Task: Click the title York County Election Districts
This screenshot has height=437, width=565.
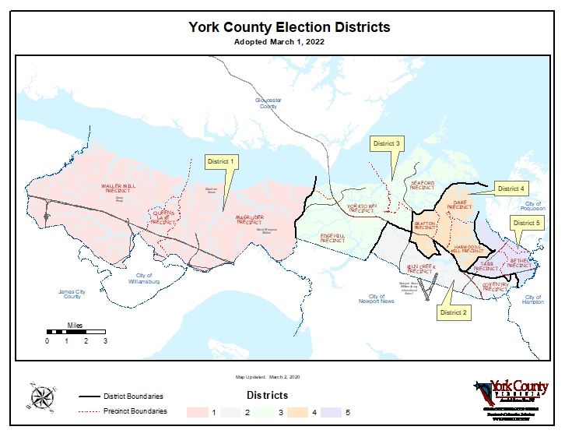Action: click(289, 28)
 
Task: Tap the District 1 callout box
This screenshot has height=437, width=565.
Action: click(221, 161)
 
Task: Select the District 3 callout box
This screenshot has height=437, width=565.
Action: click(386, 143)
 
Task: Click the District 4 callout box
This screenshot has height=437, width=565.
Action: click(511, 189)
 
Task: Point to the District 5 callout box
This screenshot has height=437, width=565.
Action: click(526, 224)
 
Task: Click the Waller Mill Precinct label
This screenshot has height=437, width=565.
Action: click(118, 189)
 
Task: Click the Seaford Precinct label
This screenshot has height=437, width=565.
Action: click(422, 185)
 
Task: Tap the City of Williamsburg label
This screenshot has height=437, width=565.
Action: click(144, 278)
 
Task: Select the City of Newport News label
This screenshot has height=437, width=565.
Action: click(377, 299)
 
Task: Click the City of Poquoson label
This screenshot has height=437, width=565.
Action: click(533, 206)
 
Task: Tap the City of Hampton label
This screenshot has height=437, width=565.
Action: click(533, 300)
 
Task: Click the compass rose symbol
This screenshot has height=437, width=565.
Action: click(42, 398)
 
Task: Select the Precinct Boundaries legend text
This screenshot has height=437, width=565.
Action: click(135, 411)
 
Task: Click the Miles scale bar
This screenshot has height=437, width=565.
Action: click(75, 333)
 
